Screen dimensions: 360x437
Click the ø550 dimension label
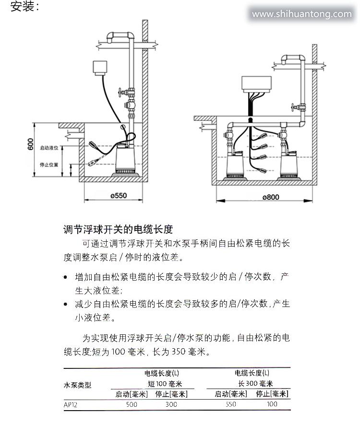coord(118,196)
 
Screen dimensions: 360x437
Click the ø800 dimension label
coord(271,197)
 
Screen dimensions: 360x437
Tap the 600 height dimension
coord(30,144)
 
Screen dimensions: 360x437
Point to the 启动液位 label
coord(49,148)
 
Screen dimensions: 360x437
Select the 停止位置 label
coord(49,165)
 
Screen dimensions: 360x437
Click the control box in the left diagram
coord(100,68)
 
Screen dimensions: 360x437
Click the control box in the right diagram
coord(256,84)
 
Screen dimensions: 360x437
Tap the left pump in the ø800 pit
coord(235,165)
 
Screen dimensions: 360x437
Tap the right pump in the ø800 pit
coord(288,165)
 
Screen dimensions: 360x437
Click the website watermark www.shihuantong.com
coord(302,14)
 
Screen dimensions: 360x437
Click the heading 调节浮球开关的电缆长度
coord(118,229)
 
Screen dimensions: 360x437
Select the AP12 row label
coord(70,405)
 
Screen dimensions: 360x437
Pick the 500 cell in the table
coord(132,404)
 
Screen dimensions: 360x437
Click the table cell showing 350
coord(231,404)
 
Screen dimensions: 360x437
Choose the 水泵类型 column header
coord(77,385)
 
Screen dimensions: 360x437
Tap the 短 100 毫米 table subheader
coord(165,384)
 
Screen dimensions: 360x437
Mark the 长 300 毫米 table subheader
coord(255,384)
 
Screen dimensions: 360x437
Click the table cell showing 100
coord(272,404)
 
